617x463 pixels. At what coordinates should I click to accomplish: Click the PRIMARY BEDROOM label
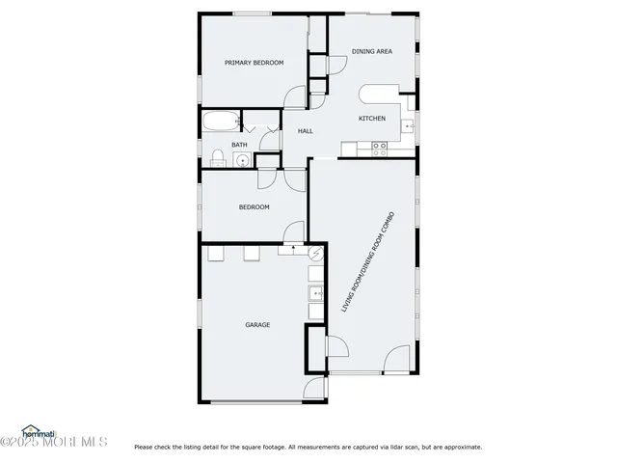tap(255, 63)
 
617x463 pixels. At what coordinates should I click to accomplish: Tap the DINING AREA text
tap(371, 51)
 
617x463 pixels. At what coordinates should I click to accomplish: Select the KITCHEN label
tap(372, 119)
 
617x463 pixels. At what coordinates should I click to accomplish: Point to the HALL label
tap(305, 131)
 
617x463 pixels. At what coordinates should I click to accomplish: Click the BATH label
tap(238, 145)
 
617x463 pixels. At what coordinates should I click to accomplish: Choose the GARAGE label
tap(257, 325)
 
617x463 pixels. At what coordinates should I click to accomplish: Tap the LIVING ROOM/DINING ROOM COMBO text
tap(368, 261)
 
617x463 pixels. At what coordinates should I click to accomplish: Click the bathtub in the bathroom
tap(220, 123)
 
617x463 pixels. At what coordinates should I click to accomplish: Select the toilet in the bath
tap(218, 158)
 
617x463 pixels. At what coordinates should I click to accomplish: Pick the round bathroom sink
tap(242, 160)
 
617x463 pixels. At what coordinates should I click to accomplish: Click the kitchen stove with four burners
tap(380, 148)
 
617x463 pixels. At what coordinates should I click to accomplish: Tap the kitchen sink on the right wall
tap(410, 125)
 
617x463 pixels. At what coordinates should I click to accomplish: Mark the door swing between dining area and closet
tap(336, 64)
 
